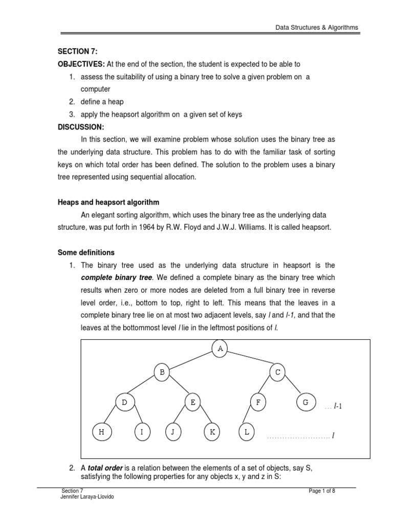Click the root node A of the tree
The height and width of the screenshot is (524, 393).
click(x=220, y=348)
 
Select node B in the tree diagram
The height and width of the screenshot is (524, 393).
click(x=162, y=373)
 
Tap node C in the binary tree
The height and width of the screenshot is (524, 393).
click(x=278, y=373)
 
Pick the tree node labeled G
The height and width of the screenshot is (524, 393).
click(x=305, y=402)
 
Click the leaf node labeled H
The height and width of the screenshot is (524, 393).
click(x=101, y=432)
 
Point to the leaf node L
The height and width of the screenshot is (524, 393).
click(x=247, y=432)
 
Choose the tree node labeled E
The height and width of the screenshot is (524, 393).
click(x=192, y=402)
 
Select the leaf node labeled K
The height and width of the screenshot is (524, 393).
click(x=211, y=432)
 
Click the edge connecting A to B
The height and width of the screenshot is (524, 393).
click(x=191, y=360)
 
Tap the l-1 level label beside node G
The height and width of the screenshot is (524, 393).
click(x=333, y=406)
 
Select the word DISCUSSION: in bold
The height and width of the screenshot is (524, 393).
click(x=80, y=126)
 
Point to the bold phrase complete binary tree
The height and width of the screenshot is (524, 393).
click(x=117, y=277)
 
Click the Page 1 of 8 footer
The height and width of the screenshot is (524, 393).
click(x=322, y=491)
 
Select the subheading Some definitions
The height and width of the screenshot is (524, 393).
click(x=85, y=252)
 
